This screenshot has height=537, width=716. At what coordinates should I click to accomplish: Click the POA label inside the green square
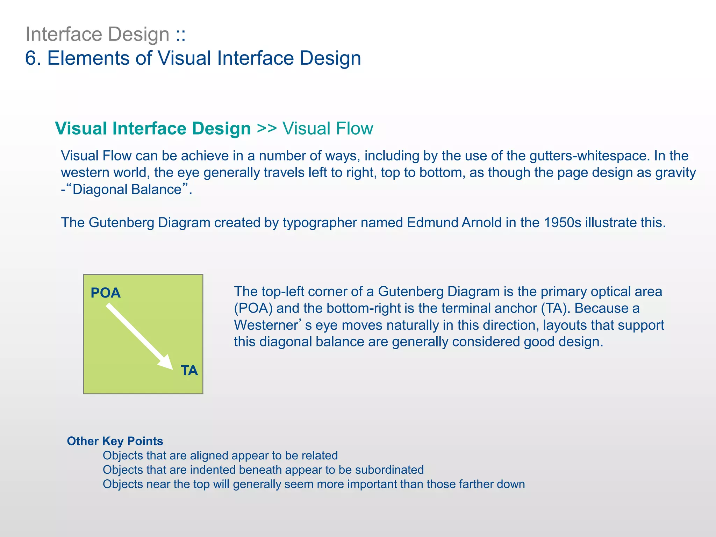106,293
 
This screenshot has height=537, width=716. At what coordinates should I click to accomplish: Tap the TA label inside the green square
189,371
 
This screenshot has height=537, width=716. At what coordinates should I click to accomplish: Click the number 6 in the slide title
31,58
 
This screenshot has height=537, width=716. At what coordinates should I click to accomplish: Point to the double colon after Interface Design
181,35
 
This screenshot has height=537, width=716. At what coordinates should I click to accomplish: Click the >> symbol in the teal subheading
267,128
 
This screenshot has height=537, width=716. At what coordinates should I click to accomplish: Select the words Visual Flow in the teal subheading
328,128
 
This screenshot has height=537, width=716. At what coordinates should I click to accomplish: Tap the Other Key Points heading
115,441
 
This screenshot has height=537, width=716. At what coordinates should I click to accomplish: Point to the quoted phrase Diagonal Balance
127,189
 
